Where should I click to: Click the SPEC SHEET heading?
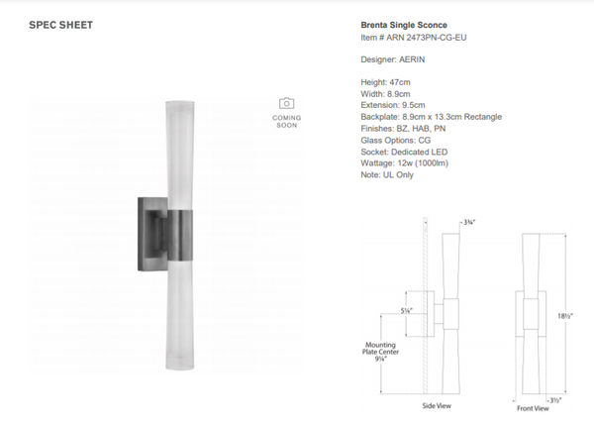point(62,26)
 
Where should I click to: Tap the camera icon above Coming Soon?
point(286,103)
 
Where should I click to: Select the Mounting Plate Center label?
point(380,352)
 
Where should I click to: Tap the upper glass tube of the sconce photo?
point(177,149)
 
